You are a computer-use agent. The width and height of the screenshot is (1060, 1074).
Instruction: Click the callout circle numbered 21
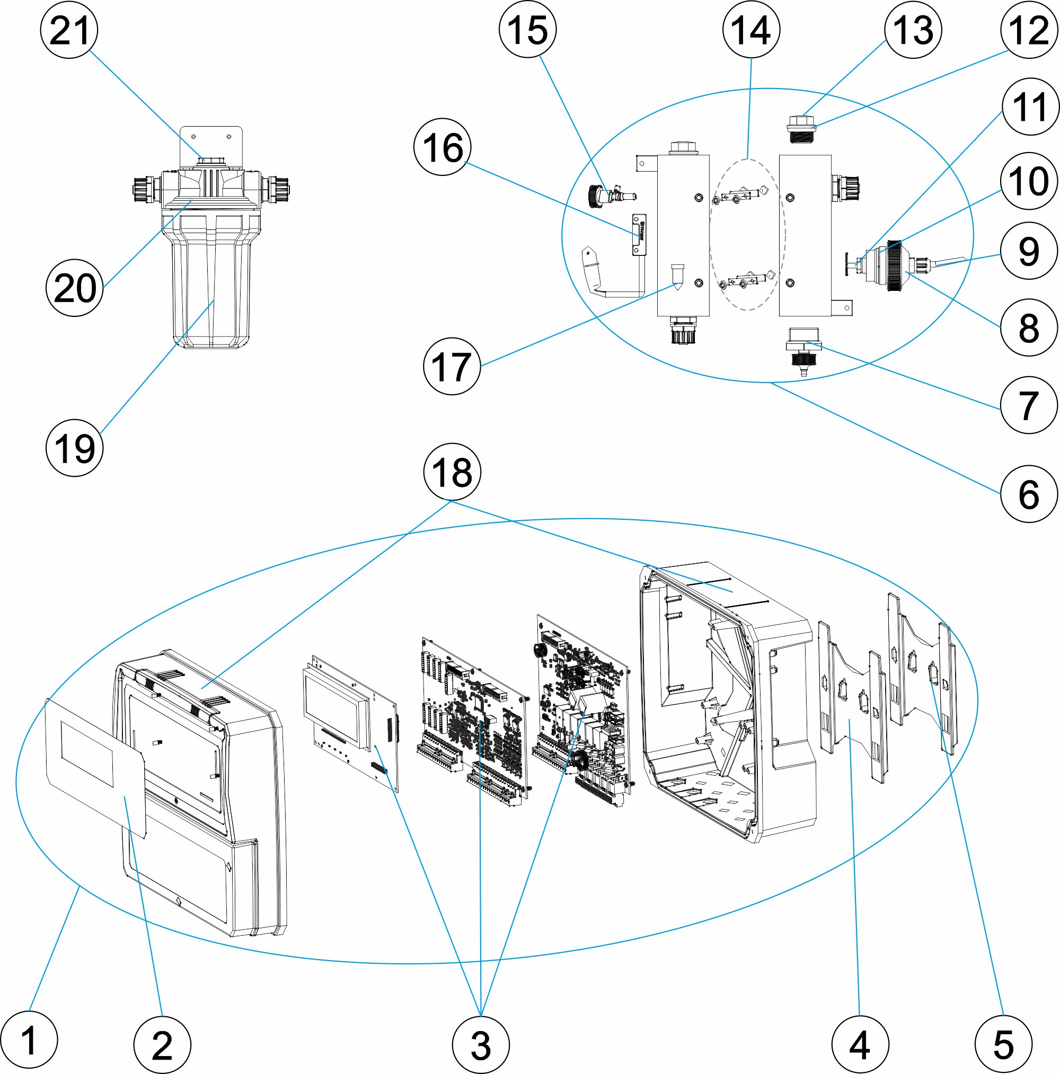[69, 30]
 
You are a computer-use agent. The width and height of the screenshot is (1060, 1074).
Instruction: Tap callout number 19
[75, 448]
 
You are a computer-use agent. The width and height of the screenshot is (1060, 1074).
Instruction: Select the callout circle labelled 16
[442, 147]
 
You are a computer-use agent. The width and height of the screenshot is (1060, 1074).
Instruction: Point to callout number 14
[751, 30]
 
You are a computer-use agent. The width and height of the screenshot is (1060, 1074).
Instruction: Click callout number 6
[1028, 494]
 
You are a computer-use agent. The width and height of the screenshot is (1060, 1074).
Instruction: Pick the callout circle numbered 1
[29, 1040]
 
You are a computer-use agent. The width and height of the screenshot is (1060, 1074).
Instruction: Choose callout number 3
[481, 1045]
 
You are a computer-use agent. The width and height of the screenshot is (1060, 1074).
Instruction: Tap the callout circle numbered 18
[452, 473]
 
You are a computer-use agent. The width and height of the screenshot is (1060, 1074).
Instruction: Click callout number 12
[1028, 30]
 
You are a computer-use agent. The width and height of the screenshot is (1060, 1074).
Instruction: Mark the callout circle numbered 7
[1028, 405]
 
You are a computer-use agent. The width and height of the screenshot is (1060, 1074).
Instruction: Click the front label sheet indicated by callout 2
[94, 767]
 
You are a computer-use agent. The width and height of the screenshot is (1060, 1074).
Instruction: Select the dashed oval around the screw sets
[747, 235]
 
